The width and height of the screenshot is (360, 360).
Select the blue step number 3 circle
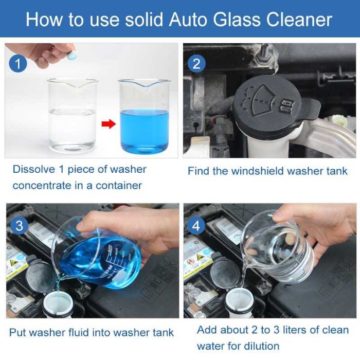pos(20,226)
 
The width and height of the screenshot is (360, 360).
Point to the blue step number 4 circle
pos(196,226)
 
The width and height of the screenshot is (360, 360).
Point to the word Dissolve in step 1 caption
pos(32,170)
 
